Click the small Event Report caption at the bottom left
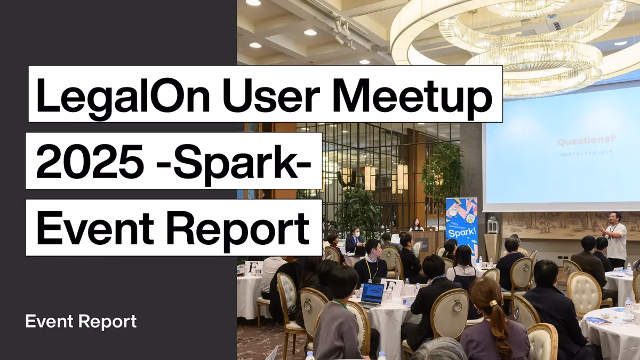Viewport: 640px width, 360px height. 81,322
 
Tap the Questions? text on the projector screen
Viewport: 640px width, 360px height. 586,141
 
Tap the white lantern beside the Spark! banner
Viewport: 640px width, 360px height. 492,224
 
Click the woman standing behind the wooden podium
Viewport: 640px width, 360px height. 416,225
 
